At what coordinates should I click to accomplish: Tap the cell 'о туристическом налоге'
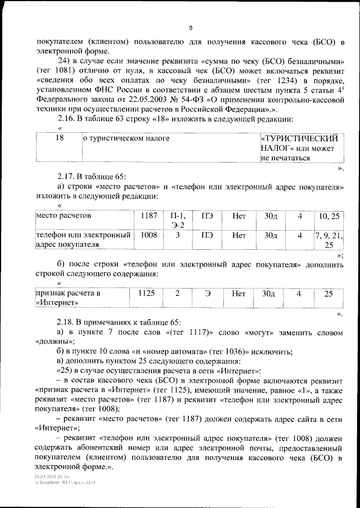pos(126,138)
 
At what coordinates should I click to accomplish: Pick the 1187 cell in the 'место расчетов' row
pos(149,215)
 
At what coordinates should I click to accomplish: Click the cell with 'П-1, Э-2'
pos(178,220)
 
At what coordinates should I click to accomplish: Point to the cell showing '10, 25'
pos(329,215)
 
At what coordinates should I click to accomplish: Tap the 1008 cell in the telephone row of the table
pos(149,235)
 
